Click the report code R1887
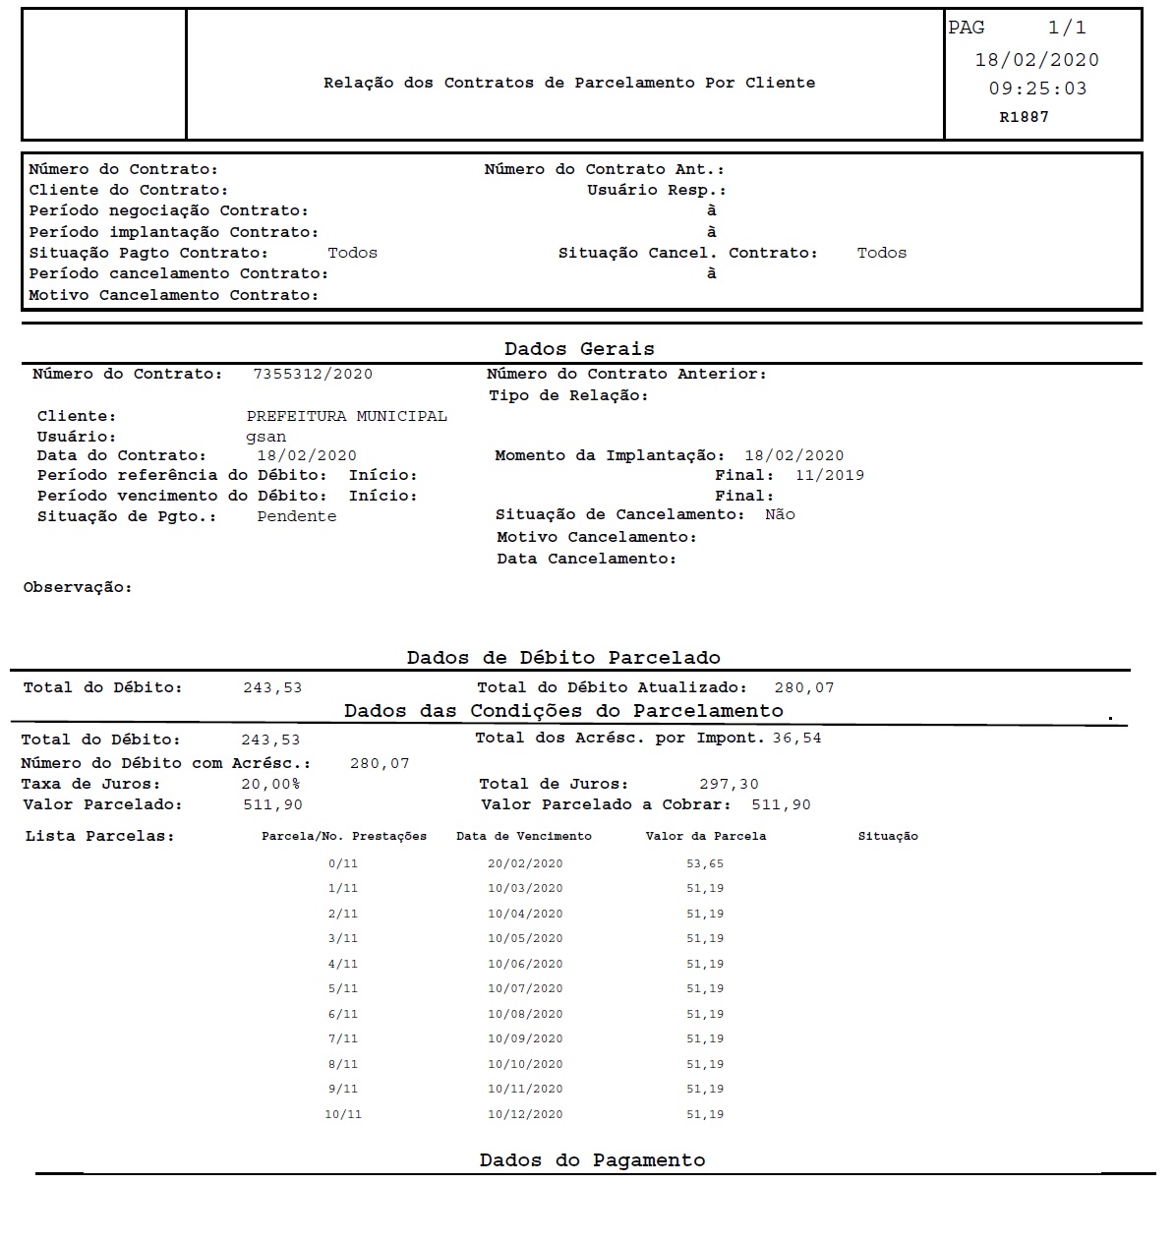(1024, 117)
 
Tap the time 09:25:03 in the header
(1037, 89)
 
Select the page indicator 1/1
(1067, 29)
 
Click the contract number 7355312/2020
(313, 374)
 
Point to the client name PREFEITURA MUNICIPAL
(346, 416)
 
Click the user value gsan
(265, 437)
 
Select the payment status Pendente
(296, 516)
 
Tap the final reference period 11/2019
(830, 475)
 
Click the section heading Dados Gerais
(579, 349)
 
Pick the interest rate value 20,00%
(270, 784)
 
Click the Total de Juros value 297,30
(729, 784)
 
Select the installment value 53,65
(705, 863)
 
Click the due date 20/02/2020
(525, 863)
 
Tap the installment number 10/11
(343, 1114)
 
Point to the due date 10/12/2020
(525, 1114)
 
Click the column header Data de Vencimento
(524, 836)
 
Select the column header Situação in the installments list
(888, 836)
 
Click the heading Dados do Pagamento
(592, 1160)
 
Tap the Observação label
(77, 587)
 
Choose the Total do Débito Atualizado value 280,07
(803, 687)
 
